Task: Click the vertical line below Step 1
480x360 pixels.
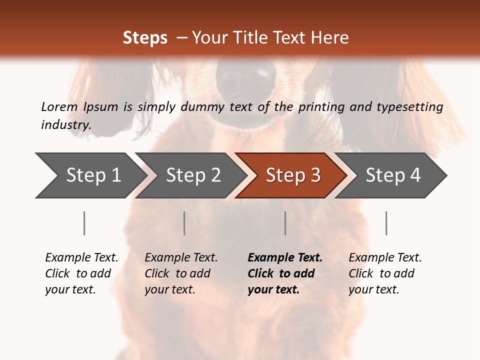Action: point(84,223)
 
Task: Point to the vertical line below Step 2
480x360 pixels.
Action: point(184,223)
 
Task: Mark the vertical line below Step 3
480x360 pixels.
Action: point(285,223)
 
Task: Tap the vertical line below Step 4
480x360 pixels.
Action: point(386,223)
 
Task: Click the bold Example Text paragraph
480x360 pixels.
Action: point(284,273)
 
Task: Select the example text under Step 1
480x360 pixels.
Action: point(81,273)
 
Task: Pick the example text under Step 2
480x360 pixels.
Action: point(181,273)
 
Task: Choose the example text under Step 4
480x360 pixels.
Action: point(385,273)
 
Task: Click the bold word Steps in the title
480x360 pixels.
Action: point(145,38)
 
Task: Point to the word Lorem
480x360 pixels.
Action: point(59,106)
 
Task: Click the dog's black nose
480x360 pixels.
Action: point(246,80)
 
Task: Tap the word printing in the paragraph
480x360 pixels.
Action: point(320,106)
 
